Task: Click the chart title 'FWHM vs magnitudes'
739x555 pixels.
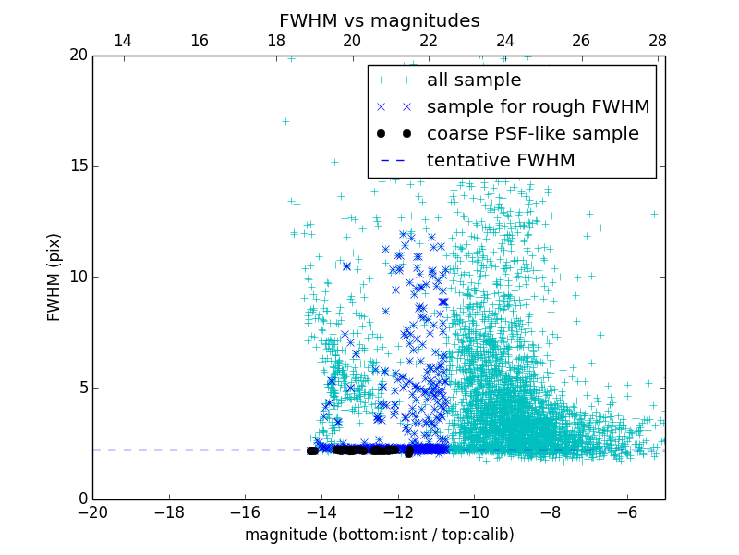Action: pyautogui.click(x=379, y=20)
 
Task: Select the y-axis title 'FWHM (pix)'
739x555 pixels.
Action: pyautogui.click(x=55, y=277)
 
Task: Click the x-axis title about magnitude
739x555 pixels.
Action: pyautogui.click(x=379, y=535)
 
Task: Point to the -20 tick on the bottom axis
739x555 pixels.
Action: pyautogui.click(x=92, y=512)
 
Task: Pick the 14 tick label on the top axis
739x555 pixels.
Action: pyautogui.click(x=122, y=42)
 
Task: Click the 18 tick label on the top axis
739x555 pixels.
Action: pyautogui.click(x=275, y=42)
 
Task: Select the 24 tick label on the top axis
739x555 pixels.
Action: pyautogui.click(x=504, y=42)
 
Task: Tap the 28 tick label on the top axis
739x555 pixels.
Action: pyautogui.click(x=657, y=42)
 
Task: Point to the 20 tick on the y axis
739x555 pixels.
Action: pyautogui.click(x=78, y=55)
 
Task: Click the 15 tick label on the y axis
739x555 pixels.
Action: pyautogui.click(x=78, y=166)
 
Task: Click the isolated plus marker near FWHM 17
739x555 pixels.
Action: pyautogui.click(x=285, y=121)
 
